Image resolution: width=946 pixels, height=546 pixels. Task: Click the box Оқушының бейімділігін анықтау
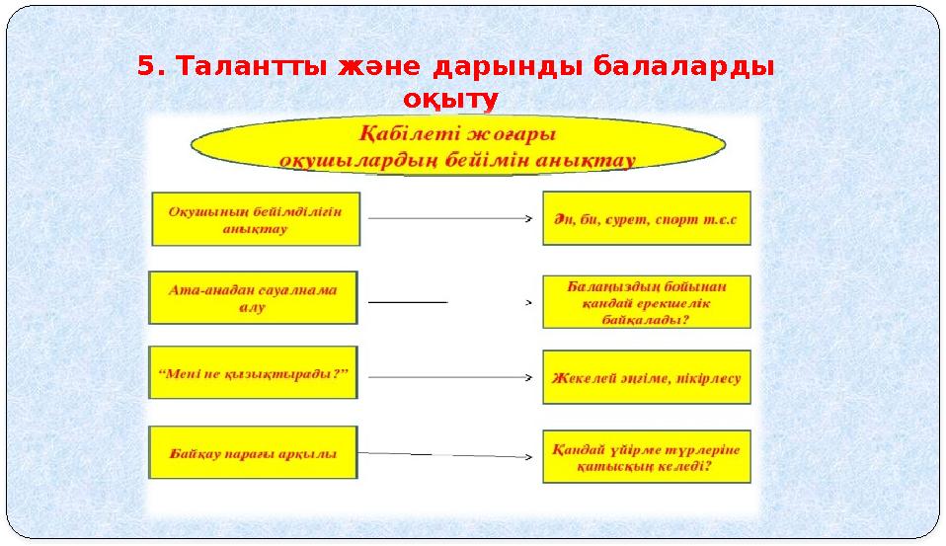[256, 218]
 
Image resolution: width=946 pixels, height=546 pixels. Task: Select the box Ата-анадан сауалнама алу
[253, 297]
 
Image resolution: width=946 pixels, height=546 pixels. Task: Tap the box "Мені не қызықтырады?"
[254, 373]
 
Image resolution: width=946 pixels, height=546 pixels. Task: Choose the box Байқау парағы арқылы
[253, 453]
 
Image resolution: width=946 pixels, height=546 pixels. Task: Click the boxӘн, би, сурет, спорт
[647, 218]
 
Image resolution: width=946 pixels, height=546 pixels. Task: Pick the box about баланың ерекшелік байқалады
[647, 301]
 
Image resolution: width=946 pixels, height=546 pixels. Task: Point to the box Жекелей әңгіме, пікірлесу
[647, 377]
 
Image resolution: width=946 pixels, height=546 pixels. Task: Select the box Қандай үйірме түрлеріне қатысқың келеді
[647, 456]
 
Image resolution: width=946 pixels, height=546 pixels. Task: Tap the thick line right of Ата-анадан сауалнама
[408, 301]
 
